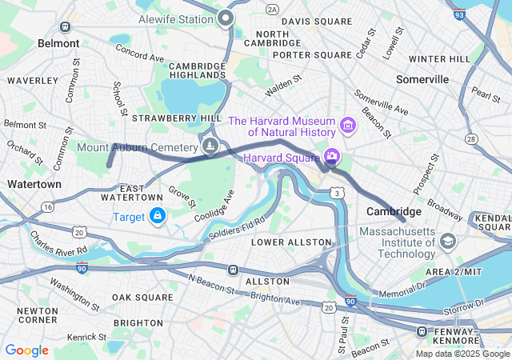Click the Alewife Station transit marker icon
tap(226, 18)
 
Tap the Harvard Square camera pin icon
tap(330, 155)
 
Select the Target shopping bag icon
tap(158, 217)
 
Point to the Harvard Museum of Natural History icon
tap(347, 126)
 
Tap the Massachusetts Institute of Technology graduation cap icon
tap(447, 241)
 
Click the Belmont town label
tap(58, 43)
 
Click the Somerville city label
tap(422, 79)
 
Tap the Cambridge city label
tap(388, 211)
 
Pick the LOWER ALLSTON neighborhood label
tap(290, 242)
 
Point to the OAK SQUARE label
tap(142, 298)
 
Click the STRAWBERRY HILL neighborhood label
tap(176, 118)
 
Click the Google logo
tap(26, 350)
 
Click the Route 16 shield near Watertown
tap(48, 206)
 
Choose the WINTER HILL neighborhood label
tap(439, 58)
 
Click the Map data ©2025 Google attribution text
tap(462, 354)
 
